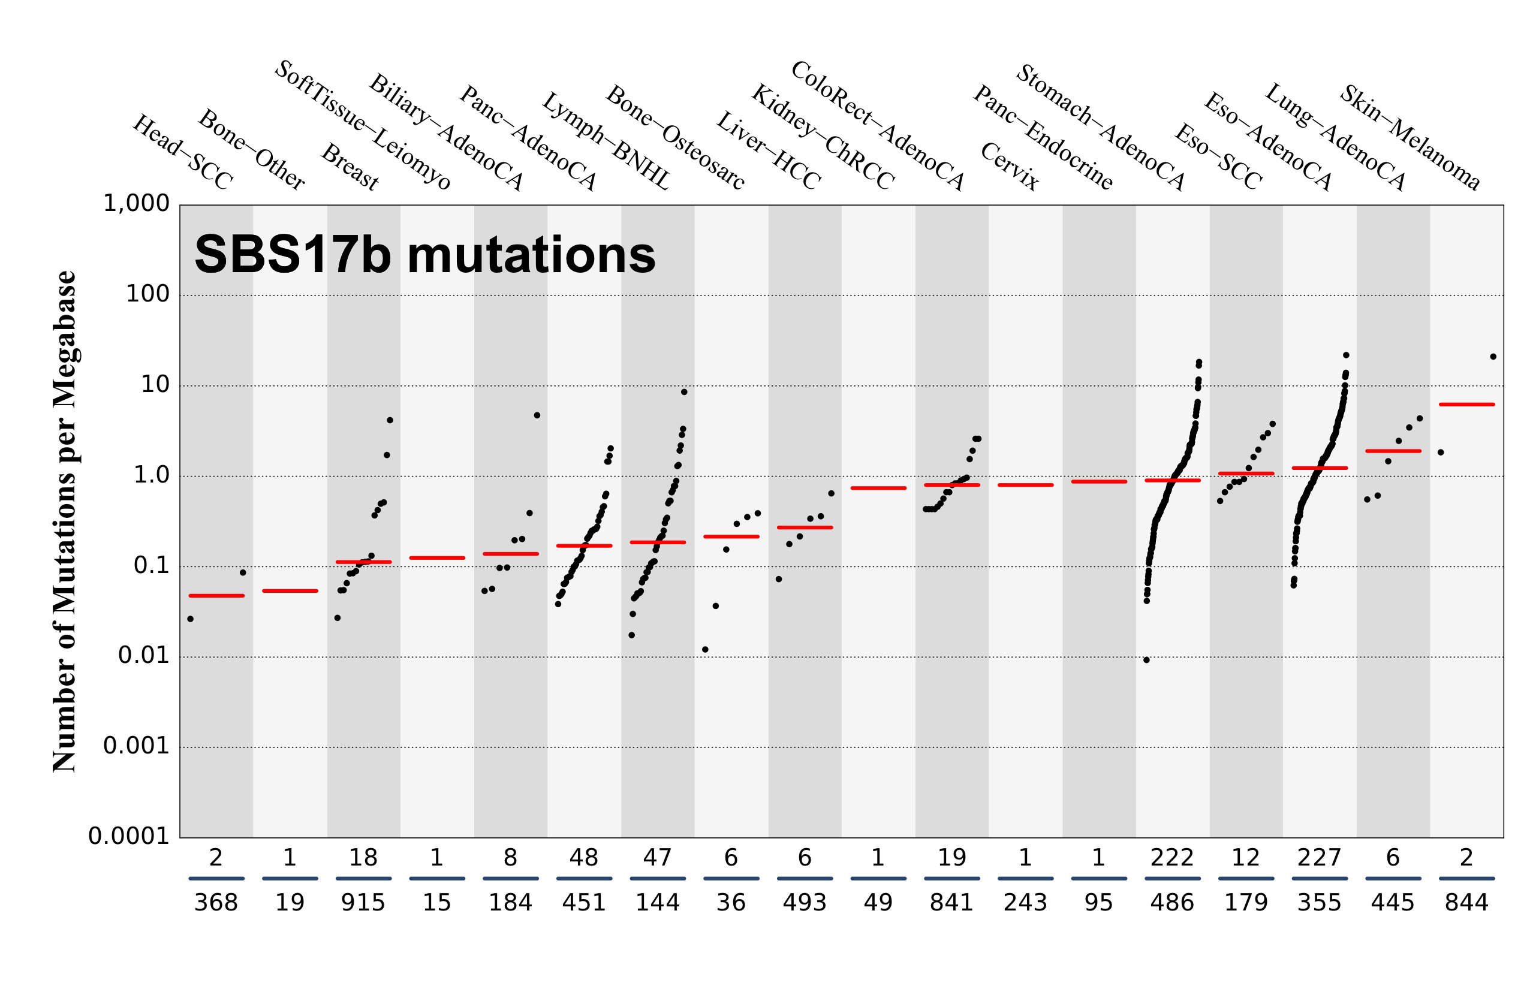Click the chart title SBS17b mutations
(x=424, y=255)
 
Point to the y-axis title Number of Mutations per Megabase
(x=64, y=521)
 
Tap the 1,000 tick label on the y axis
(x=136, y=204)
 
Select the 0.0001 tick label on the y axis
(x=128, y=837)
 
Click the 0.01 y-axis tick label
(x=143, y=656)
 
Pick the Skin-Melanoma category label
(x=1410, y=138)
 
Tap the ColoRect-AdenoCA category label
(x=877, y=126)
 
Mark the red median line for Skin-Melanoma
(x=1466, y=405)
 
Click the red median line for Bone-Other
(x=290, y=591)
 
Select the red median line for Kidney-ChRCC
(x=804, y=527)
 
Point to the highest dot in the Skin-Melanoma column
(x=1493, y=357)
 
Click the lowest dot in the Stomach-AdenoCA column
(x=1146, y=659)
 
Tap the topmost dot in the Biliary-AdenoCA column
(x=537, y=415)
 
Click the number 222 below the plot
(x=1171, y=858)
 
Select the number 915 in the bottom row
(x=363, y=903)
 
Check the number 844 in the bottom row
(x=1466, y=903)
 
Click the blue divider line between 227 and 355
(x=1320, y=878)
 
